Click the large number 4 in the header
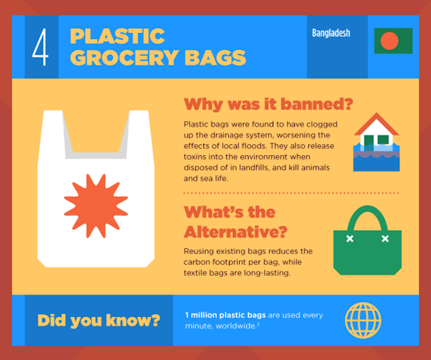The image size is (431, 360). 40,47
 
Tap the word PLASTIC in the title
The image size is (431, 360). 117,36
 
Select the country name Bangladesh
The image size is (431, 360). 331,33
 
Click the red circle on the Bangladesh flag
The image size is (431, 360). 389,40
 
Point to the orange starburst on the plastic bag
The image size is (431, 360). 96,206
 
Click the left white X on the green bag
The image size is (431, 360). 350,239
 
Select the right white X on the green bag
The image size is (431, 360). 385,239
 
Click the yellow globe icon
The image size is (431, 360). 363,320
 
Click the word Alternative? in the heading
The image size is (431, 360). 236,232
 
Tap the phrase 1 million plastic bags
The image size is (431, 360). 226,315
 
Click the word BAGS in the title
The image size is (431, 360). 215,58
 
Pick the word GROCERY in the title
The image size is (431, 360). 125,58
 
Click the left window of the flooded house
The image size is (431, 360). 368,140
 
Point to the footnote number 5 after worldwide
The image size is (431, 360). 258,324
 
